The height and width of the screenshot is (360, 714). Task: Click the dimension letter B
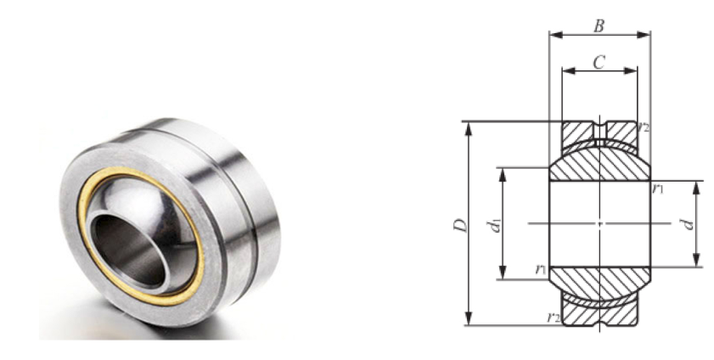[x=599, y=26]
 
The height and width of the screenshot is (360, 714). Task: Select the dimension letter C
[x=599, y=61]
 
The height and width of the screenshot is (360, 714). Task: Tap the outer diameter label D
[x=461, y=225]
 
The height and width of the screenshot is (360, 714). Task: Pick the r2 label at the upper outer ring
[x=643, y=127]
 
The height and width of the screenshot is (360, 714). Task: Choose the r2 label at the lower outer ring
[x=554, y=317]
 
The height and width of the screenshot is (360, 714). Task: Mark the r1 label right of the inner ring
[x=657, y=188]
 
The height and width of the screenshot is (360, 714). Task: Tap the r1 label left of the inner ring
[x=541, y=269]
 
